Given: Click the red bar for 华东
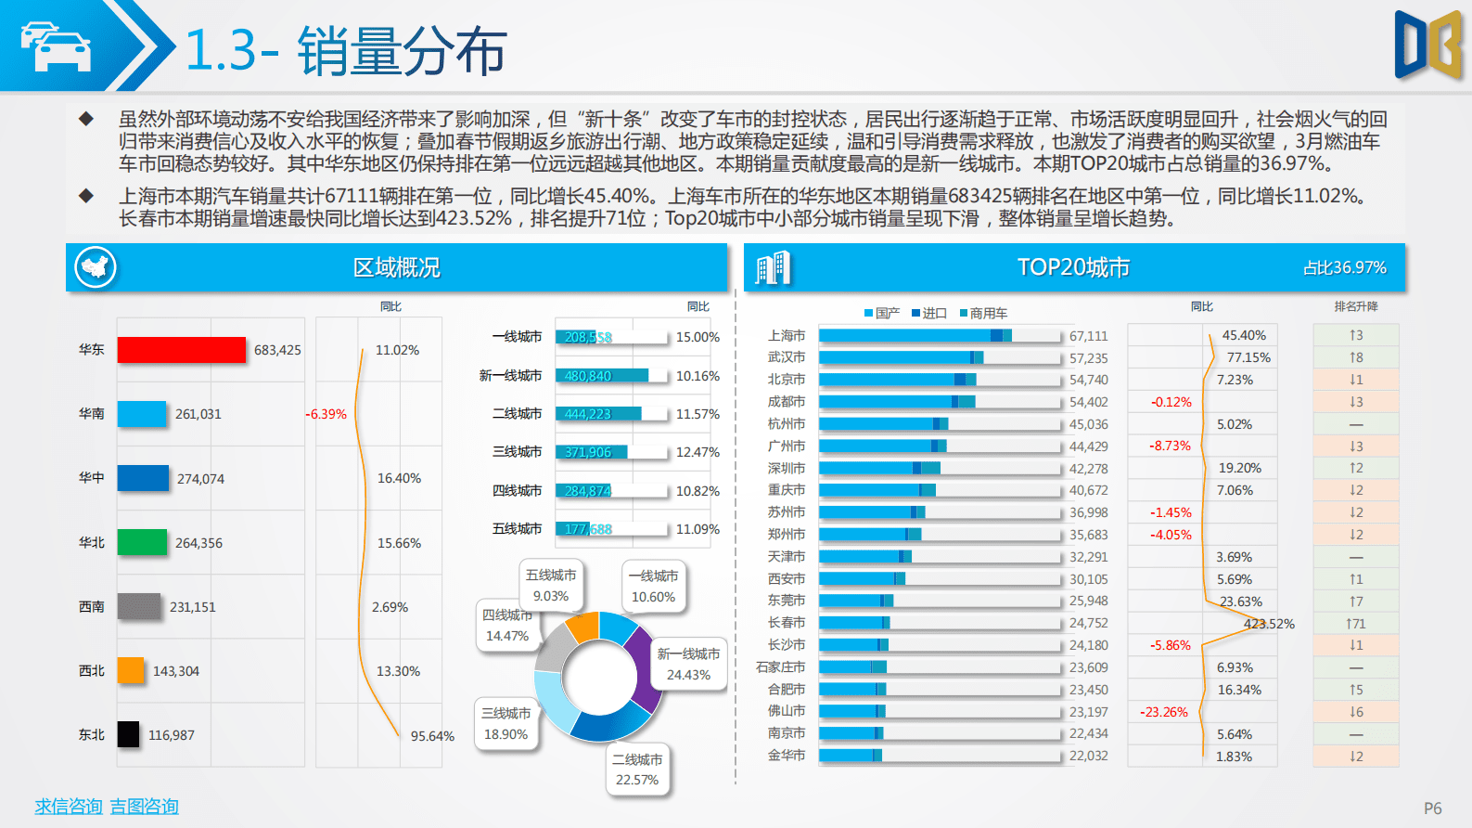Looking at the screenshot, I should coord(182,350).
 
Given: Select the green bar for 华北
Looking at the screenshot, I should coord(142,542).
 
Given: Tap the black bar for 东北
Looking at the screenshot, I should coord(128,734).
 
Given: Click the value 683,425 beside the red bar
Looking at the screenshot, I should coord(277,350).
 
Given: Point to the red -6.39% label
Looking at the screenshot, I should coord(326,414).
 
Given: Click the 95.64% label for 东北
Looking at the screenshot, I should coord(432,736).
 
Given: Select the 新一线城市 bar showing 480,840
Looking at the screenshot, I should coord(601,376).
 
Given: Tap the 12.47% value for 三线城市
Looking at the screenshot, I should coord(698,452).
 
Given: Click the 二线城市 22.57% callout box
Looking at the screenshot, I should coord(637,770).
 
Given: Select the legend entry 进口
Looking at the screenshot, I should coord(929,314).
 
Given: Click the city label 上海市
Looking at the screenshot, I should coord(787,336).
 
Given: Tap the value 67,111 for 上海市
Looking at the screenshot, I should coord(1088,336).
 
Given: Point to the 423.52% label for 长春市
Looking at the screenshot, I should coord(1269,624).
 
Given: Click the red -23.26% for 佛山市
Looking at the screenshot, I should coord(1164,712).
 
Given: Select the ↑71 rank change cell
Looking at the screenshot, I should coord(1355,624).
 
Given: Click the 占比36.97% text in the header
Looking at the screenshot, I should coord(1344,268).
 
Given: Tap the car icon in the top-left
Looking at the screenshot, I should coord(56,46).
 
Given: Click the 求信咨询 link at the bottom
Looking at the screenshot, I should coord(68,806).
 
